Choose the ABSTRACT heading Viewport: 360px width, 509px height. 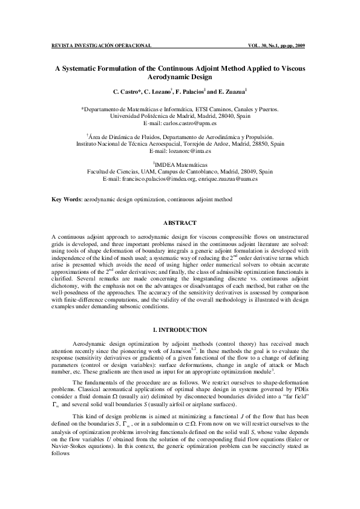[180, 222]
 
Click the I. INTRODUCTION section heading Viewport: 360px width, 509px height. [180, 329]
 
